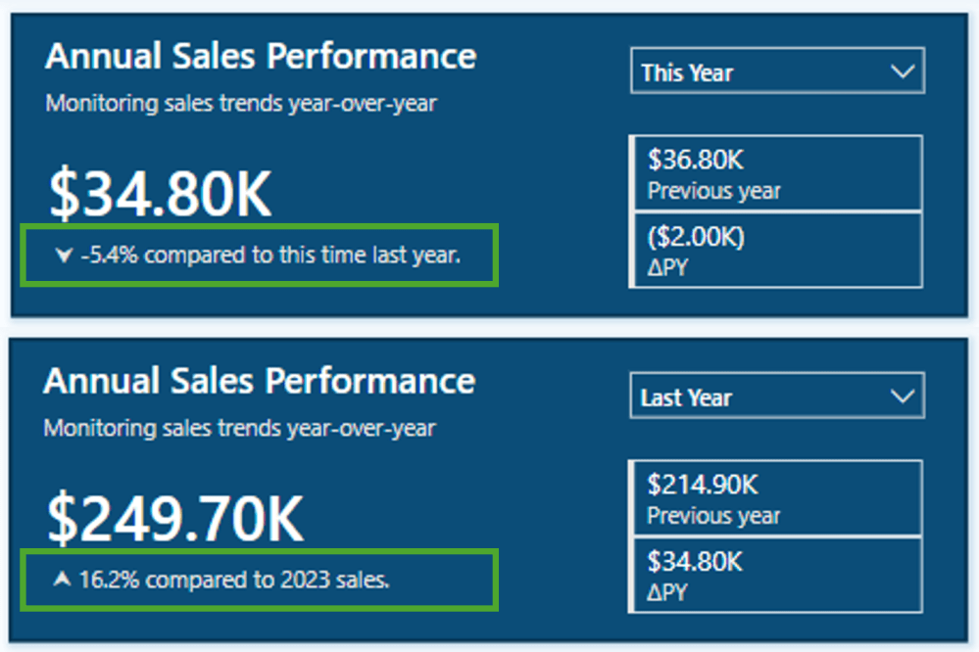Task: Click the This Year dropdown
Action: tap(777, 72)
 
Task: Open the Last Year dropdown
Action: tap(777, 397)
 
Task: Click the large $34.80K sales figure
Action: tap(160, 194)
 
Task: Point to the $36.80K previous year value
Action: tap(696, 159)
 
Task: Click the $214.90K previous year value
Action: tap(703, 484)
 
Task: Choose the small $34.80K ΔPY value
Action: tap(696, 562)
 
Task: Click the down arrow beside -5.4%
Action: tap(65, 256)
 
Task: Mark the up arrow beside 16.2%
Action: tap(63, 580)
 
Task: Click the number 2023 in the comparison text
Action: tap(307, 580)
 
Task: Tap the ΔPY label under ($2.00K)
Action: tap(667, 267)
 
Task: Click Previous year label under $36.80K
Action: tap(714, 190)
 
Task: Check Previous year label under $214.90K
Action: tap(714, 515)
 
